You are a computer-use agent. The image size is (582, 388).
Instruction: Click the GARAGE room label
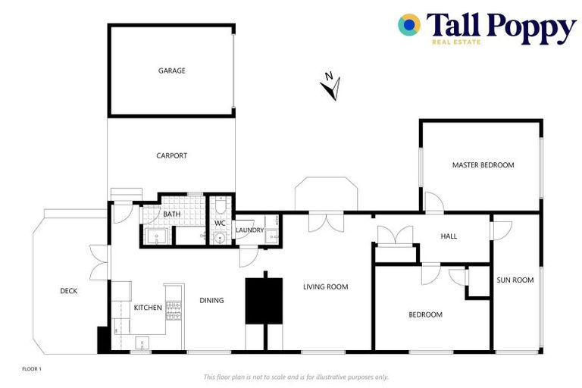(172, 70)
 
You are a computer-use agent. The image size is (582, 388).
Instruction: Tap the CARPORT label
(172, 155)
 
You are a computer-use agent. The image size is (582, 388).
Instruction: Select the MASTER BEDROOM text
(483, 164)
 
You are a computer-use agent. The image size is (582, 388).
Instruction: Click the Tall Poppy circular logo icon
(409, 25)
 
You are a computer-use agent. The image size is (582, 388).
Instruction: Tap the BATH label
(172, 214)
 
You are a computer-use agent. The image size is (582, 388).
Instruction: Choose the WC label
(220, 224)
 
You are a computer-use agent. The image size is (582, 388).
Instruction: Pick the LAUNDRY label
(249, 230)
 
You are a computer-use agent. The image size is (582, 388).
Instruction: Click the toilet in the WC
(220, 205)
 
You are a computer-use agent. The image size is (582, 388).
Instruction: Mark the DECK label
(69, 290)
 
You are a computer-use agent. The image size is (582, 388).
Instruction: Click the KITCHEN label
(148, 308)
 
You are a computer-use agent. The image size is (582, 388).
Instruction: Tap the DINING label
(211, 300)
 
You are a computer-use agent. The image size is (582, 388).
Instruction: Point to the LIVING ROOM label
(325, 286)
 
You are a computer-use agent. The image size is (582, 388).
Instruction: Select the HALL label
(449, 236)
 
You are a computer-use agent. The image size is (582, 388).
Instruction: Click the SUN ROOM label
(515, 280)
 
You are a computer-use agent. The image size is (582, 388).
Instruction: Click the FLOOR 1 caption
(32, 369)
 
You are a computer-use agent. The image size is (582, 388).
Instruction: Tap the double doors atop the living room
(326, 221)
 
